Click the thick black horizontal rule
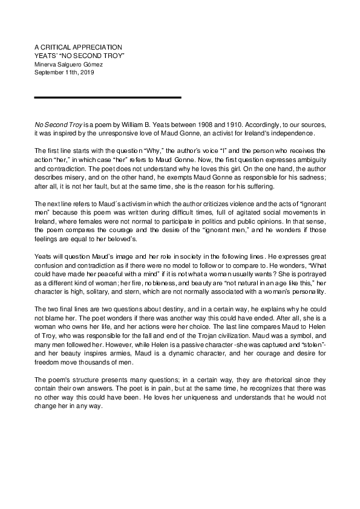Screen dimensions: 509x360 coord(108,97)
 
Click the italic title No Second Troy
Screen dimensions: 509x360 coord(56,122)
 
